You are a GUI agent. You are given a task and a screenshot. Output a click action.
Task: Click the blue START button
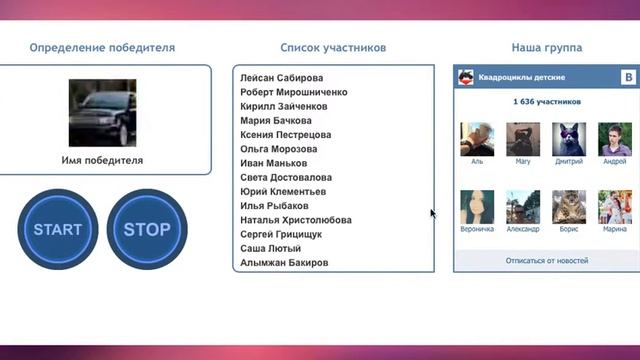(x=58, y=229)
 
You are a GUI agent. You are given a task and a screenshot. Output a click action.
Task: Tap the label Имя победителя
(x=102, y=160)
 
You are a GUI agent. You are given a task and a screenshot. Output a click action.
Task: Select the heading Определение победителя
(x=102, y=47)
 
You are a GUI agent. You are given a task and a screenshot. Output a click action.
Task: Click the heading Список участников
(x=333, y=47)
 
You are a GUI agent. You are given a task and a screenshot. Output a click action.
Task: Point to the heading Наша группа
(x=547, y=47)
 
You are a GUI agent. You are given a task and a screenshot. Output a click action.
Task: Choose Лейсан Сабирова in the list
(x=282, y=78)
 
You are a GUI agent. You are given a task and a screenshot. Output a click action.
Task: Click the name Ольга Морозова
(x=279, y=149)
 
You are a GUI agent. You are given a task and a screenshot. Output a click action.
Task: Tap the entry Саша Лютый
(x=270, y=248)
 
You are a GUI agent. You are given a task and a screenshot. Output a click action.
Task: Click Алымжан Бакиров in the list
(x=285, y=262)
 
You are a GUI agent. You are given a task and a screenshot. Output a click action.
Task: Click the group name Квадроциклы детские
(x=522, y=77)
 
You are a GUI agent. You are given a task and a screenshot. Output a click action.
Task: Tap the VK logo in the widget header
(x=628, y=77)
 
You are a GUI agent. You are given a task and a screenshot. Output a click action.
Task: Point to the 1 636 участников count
(x=546, y=102)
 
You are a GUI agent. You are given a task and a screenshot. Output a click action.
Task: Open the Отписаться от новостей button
(x=546, y=260)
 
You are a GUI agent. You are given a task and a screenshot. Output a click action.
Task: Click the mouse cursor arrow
(x=433, y=214)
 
